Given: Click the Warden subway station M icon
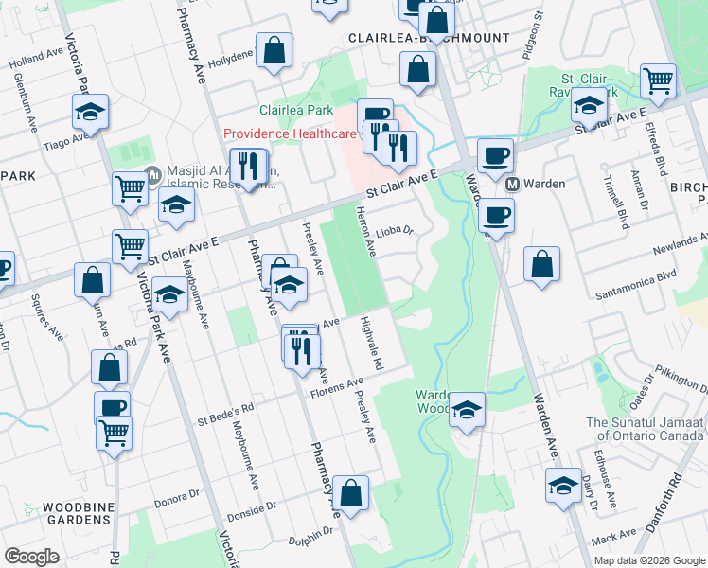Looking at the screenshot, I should (x=512, y=184).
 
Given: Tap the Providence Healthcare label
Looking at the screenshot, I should (x=290, y=134).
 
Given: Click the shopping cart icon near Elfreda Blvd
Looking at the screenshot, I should (x=658, y=80).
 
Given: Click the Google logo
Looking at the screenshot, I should (x=32, y=556).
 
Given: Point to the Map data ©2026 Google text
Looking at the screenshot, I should (x=648, y=560).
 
